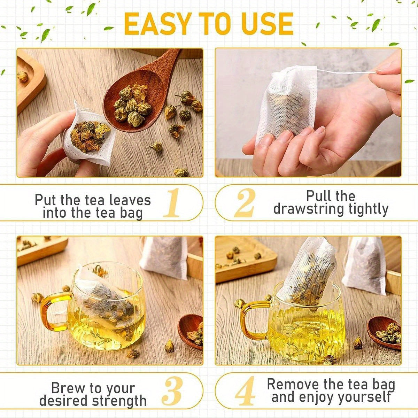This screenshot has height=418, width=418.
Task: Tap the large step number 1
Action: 172,203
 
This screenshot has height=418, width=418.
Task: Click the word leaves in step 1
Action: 130,200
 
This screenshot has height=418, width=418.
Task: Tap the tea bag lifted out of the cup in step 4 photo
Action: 310,272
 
